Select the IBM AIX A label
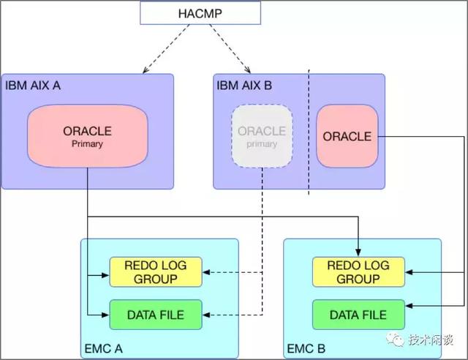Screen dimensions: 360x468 pos(33,86)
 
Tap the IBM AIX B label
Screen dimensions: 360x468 pos(244,86)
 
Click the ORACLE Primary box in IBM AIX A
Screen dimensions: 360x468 pos(87,136)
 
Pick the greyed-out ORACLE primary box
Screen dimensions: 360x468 pos(262,136)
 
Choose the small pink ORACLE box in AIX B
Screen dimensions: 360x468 pos(347,136)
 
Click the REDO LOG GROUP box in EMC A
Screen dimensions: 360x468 pos(154,272)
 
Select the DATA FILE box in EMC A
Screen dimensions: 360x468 pos(154,315)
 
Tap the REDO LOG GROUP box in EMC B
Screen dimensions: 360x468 pos(358,272)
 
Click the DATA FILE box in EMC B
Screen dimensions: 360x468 pos(358,315)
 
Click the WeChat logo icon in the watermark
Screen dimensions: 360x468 pos(396,340)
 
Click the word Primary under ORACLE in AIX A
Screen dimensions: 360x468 pos(87,144)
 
